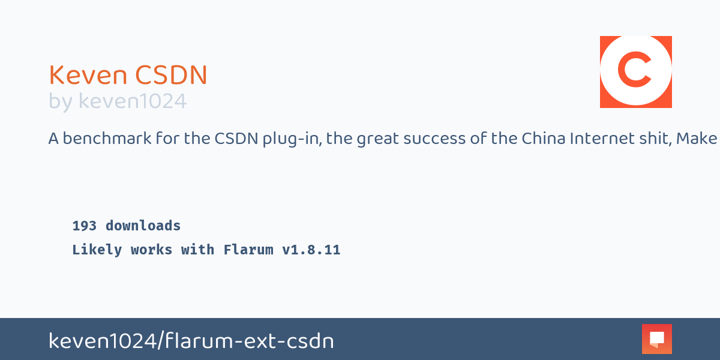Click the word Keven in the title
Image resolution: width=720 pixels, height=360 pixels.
click(88, 76)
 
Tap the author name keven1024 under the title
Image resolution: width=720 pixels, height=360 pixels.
click(133, 101)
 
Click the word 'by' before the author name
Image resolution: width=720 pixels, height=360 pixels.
click(60, 102)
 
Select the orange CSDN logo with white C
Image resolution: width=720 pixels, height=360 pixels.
click(636, 72)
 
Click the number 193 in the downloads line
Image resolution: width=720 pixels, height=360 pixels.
click(85, 226)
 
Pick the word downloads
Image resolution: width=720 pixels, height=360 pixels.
click(143, 226)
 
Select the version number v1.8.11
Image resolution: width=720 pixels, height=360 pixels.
click(311, 250)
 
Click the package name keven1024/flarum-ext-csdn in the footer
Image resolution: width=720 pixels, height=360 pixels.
click(191, 341)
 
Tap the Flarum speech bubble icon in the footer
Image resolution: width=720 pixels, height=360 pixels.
click(657, 339)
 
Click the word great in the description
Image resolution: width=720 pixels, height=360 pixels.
click(377, 139)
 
